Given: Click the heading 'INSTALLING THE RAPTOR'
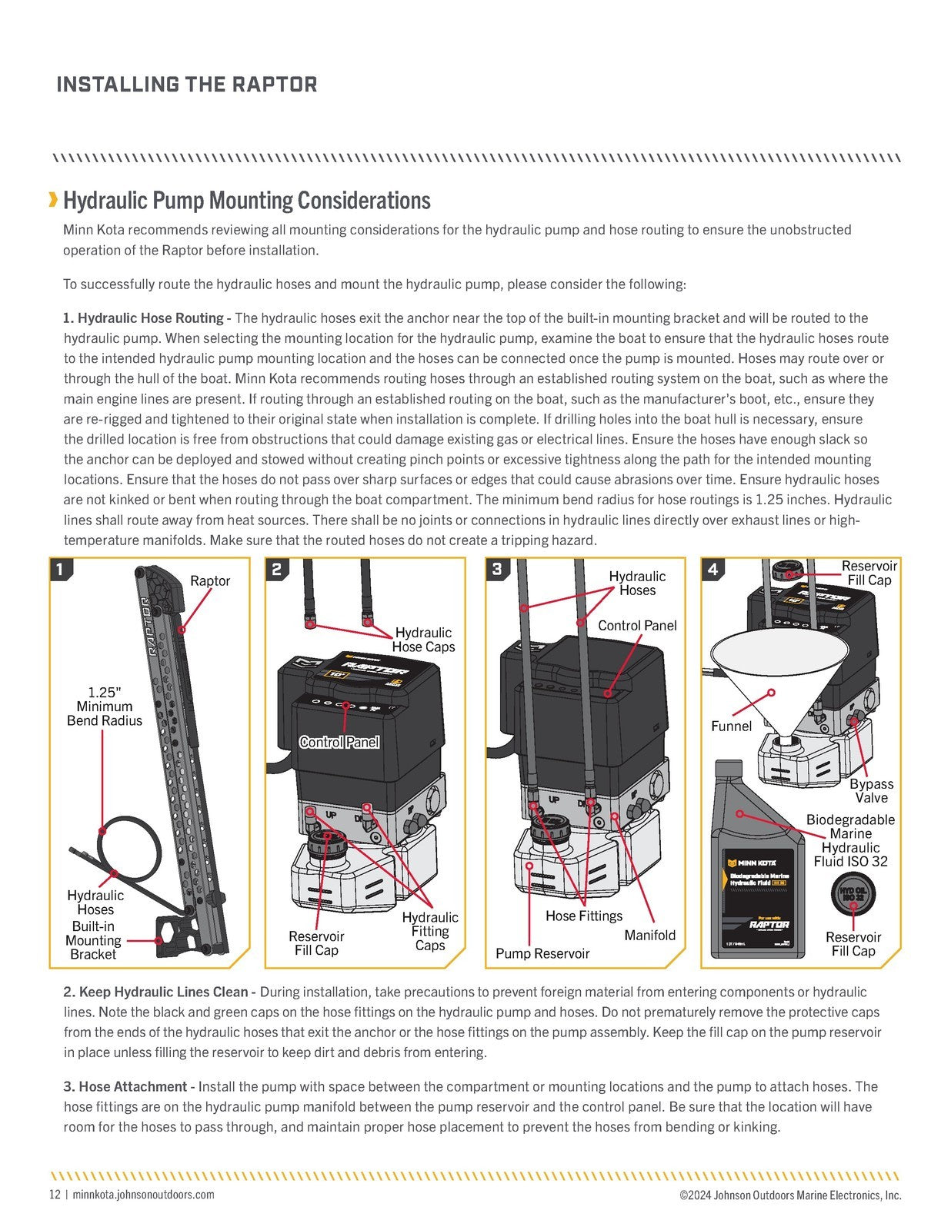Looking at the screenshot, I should [x=186, y=85].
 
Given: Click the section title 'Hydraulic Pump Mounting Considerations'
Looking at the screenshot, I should [x=246, y=201].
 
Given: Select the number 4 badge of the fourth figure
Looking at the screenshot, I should [x=713, y=569].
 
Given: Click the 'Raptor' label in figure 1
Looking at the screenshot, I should [x=210, y=580].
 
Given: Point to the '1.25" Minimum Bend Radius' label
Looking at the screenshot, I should [x=105, y=706].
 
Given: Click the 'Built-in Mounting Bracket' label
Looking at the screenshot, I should [x=93, y=940].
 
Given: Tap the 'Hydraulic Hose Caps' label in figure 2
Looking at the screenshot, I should [x=423, y=640].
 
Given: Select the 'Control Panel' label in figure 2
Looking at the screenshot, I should [x=339, y=742].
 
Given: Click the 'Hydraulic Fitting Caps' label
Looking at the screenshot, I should [x=430, y=931].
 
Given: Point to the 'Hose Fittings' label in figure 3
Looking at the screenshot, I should [x=584, y=916].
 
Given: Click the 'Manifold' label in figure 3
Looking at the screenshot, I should [x=649, y=935].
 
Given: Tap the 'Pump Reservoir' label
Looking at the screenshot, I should [x=542, y=953].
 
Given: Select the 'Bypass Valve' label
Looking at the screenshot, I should [x=871, y=790].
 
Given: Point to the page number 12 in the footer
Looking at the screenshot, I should [x=55, y=1195].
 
